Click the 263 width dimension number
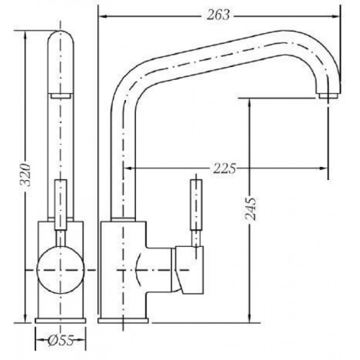[x=218, y=15]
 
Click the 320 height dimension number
[x=25, y=175]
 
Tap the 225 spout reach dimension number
[x=225, y=168]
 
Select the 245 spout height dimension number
[x=251, y=209]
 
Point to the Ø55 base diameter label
[x=60, y=340]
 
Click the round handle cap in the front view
[x=60, y=270]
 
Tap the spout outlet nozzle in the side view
[x=328, y=96]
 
